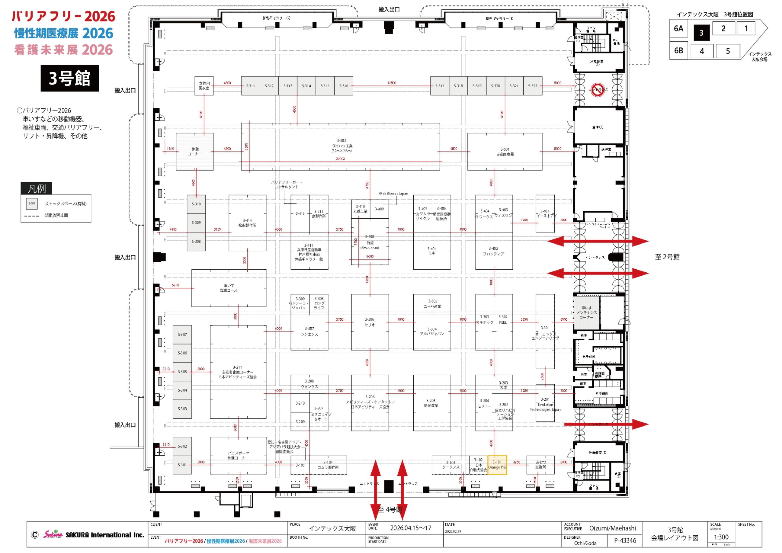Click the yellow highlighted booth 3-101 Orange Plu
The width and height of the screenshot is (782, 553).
point(497,465)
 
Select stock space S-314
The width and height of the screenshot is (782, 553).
point(306,86)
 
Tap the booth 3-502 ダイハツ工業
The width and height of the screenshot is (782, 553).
point(341,147)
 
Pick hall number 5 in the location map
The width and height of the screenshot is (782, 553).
point(728,51)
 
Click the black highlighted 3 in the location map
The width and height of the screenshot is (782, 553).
point(701,33)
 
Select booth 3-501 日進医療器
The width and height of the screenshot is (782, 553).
point(504,151)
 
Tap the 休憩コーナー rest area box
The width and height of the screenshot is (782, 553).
point(195,151)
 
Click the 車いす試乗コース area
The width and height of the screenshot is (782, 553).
point(228,288)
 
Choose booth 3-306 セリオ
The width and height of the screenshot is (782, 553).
point(370,322)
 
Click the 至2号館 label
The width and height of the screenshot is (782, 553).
point(667,257)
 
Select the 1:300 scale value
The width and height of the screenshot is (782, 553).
point(721,537)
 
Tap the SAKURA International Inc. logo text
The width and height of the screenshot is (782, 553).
point(105,535)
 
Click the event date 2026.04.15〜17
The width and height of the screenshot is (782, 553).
point(411,528)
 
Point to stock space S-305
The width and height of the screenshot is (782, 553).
point(182,372)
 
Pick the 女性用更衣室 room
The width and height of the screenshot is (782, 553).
point(204,86)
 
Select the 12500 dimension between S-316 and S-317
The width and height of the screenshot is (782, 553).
point(391,83)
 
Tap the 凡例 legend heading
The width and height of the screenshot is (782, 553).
point(36,188)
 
